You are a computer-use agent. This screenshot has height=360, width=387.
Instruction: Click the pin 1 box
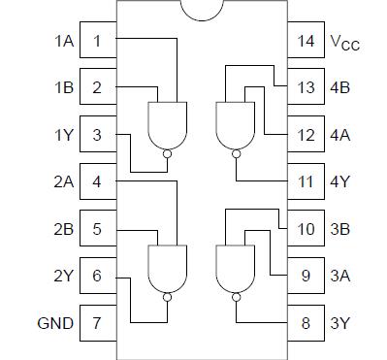(97, 41)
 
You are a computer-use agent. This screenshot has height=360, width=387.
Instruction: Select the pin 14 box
(306, 41)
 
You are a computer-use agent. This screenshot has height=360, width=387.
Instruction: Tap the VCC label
(345, 43)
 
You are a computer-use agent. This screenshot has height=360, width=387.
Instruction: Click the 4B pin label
(339, 88)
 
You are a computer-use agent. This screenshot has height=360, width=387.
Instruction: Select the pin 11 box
(306, 181)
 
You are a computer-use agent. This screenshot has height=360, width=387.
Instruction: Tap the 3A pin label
(339, 276)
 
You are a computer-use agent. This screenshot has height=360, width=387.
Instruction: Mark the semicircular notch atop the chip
(201, 8)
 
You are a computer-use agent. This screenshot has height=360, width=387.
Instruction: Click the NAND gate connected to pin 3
(168, 124)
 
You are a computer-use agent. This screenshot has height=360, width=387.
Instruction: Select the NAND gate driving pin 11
(234, 124)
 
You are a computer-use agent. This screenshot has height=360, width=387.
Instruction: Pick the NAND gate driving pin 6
(168, 266)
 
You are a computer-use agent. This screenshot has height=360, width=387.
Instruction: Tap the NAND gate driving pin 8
(234, 266)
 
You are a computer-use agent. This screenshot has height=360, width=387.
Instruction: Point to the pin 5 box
(97, 229)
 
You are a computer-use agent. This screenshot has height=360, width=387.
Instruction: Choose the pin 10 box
(306, 229)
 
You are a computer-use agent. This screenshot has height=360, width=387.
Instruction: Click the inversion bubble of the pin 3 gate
(168, 152)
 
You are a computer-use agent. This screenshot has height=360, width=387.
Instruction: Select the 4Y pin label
(339, 181)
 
